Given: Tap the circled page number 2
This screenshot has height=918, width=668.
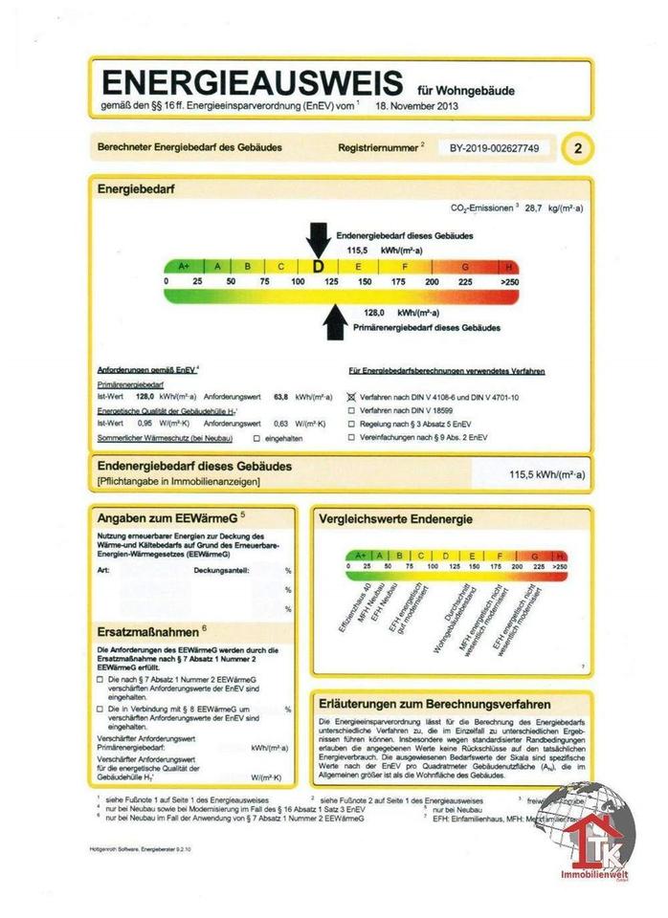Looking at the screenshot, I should [579, 148].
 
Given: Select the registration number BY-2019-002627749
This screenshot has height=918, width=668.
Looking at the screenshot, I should [495, 148].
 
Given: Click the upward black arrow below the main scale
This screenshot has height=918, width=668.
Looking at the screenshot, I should [334, 321].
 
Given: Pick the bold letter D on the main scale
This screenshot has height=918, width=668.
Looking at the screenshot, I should [319, 267].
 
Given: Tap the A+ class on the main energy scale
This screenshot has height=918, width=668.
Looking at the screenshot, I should [184, 267].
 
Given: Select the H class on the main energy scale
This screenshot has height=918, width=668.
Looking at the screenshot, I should [509, 267].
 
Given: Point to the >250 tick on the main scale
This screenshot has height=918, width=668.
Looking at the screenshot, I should [509, 282].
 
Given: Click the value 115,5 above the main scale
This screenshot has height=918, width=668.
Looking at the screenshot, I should [358, 248].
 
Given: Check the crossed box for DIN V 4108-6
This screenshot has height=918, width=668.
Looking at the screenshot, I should [351, 395].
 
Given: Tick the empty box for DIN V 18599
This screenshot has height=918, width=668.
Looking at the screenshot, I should [351, 408].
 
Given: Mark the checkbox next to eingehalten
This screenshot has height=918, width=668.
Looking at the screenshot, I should [256, 438].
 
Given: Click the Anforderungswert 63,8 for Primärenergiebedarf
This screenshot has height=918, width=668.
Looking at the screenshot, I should [282, 395].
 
